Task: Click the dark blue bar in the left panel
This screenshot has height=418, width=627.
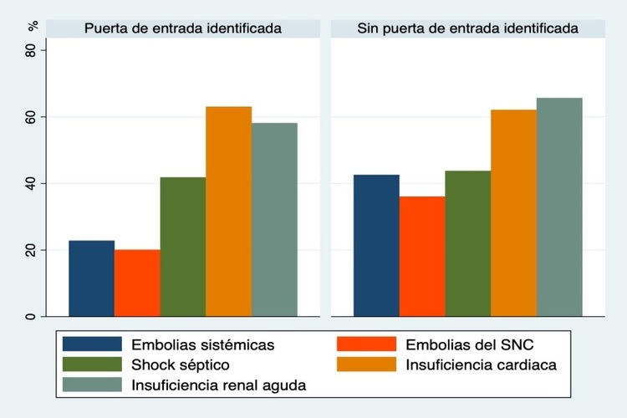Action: (91, 278)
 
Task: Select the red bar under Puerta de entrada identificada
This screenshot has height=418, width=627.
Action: (137, 283)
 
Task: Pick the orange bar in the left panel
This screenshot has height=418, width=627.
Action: (228, 212)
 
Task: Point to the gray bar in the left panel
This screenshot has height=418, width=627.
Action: (274, 220)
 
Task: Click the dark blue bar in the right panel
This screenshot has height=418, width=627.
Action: (376, 246)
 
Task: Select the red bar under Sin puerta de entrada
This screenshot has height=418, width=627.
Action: (422, 257)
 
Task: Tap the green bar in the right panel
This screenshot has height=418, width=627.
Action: (468, 243)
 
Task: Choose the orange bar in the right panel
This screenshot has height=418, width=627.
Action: (513, 213)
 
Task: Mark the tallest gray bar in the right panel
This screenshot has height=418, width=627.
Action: (559, 207)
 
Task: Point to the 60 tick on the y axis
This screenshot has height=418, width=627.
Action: (33, 116)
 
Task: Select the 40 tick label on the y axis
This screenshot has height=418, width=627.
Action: (33, 183)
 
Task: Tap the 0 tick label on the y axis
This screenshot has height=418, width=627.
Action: (33, 316)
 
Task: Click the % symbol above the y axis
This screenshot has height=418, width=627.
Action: (33, 25)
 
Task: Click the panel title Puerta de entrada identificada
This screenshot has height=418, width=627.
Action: (182, 28)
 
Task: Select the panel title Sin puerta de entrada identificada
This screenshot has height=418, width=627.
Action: (467, 28)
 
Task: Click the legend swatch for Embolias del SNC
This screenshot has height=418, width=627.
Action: (366, 344)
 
